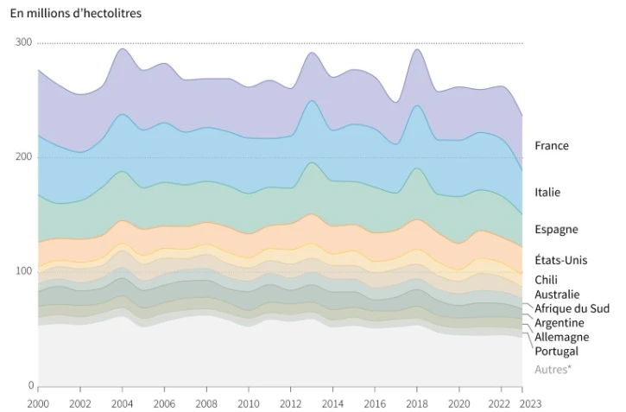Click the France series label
[x=551, y=145]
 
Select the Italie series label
[x=547, y=192]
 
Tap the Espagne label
[x=556, y=229]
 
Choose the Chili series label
[x=546, y=280]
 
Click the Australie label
[x=557, y=295]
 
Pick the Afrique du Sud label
[x=571, y=308]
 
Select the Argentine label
[x=560, y=322]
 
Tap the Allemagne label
[x=561, y=337]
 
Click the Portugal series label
[x=556, y=351]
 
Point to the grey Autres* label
[x=553, y=370]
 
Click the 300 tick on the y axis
[x=23, y=42]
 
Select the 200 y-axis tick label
[x=23, y=156]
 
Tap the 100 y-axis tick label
[x=23, y=270]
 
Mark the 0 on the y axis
[x=28, y=385]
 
